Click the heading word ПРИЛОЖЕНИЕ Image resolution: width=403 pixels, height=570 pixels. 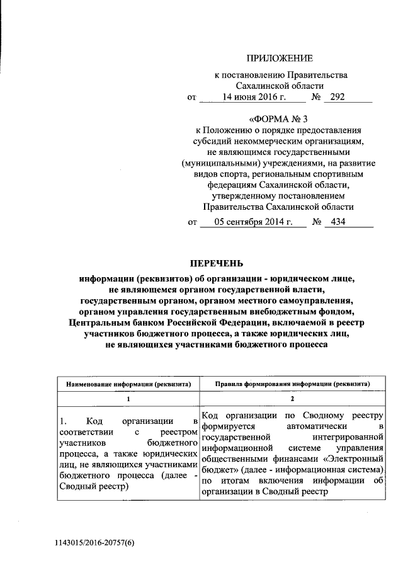tap(279, 59)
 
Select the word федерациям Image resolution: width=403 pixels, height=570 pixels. tap(230, 185)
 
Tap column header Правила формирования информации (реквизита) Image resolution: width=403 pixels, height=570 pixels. tap(292, 383)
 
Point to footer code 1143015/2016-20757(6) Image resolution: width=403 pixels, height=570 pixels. tap(94, 542)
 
